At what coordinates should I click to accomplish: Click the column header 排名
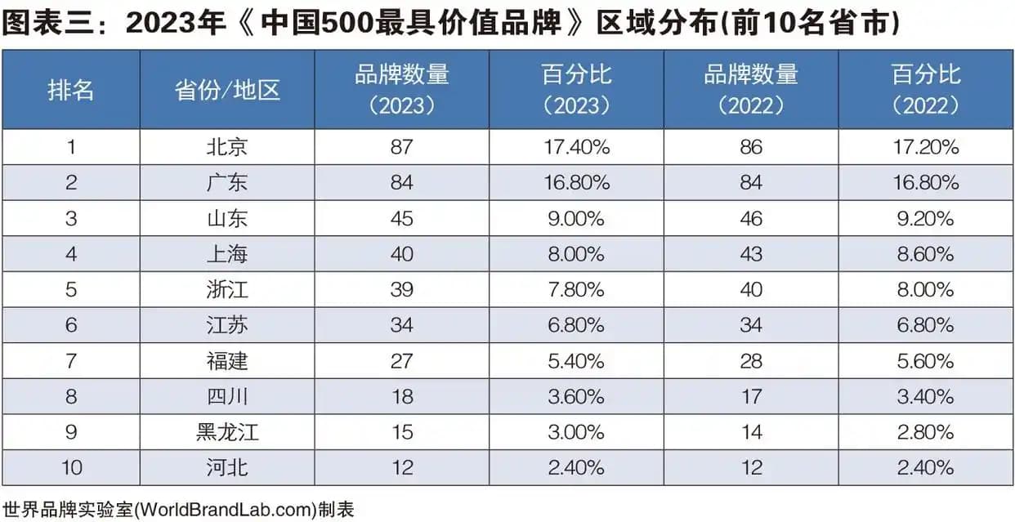[x=71, y=90]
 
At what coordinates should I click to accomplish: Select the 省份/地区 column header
[x=227, y=90]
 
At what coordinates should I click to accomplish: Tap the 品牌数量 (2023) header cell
[x=401, y=90]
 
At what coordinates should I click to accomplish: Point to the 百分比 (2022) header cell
[x=926, y=90]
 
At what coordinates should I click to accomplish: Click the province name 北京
[x=227, y=147]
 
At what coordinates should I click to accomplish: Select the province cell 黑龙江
[x=227, y=431]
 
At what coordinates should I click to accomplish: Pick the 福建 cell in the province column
[x=227, y=360]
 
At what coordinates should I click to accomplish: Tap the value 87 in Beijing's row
[x=401, y=147]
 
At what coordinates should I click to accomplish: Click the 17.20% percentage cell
[x=926, y=147]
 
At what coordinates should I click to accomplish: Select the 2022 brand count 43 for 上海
[x=750, y=254]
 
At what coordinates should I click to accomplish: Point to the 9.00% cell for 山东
[x=575, y=218]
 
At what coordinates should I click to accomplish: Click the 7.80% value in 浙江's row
[x=575, y=289]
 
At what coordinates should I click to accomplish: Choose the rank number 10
[x=71, y=467]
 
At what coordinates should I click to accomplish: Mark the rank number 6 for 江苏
[x=71, y=325]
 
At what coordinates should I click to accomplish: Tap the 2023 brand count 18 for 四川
[x=401, y=396]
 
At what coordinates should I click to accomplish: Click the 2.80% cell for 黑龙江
[x=926, y=431]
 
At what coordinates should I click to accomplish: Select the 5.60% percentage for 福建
[x=926, y=360]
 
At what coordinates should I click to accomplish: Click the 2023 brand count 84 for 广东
[x=401, y=182]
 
